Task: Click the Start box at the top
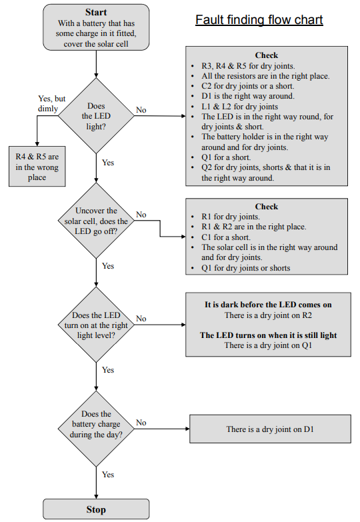pyautogui.click(x=96, y=27)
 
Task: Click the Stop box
pyautogui.click(x=96, y=509)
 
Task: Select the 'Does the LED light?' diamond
pyautogui.click(x=96, y=116)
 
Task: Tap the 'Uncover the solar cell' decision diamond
pyautogui.click(x=96, y=221)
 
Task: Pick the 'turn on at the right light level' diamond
pyautogui.click(x=96, y=325)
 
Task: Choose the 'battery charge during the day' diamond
pyautogui.click(x=96, y=429)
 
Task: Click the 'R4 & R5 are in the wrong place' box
pyautogui.click(x=37, y=167)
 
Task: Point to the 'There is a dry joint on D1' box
pyautogui.click(x=270, y=429)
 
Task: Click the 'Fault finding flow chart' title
pyautogui.click(x=259, y=20)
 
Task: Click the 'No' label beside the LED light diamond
pyautogui.click(x=141, y=110)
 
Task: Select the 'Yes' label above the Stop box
pyautogui.click(x=108, y=475)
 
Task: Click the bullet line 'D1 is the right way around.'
pyautogui.click(x=248, y=96)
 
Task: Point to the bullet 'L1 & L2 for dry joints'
pyautogui.click(x=239, y=107)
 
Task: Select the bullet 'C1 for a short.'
pyautogui.click(x=226, y=237)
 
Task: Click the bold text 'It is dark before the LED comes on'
pyautogui.click(x=268, y=305)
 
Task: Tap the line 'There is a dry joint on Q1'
pyautogui.click(x=268, y=345)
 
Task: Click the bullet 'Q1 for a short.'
pyautogui.click(x=226, y=157)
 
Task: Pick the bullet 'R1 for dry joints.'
pyautogui.click(x=231, y=217)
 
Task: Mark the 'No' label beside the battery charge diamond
pyautogui.click(x=141, y=423)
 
